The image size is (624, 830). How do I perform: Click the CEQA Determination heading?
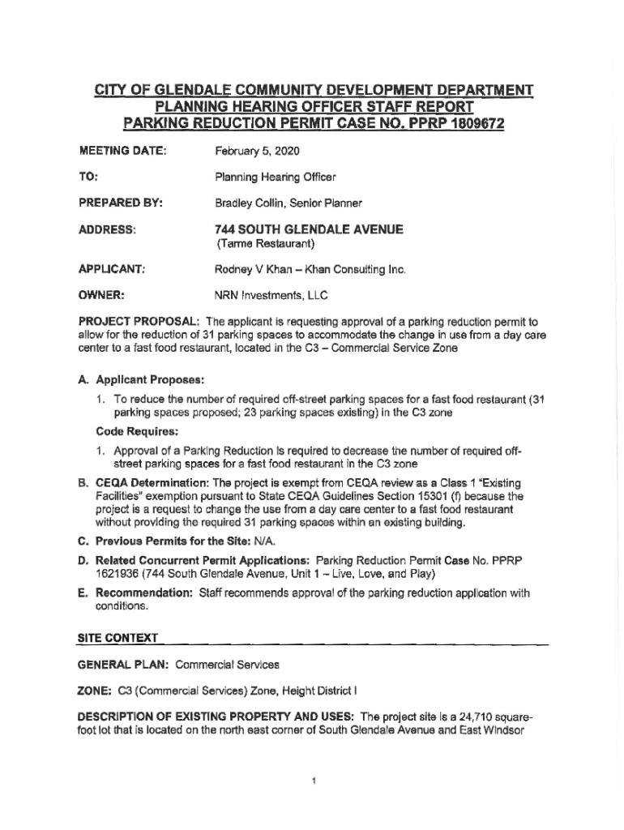pyautogui.click(x=152, y=484)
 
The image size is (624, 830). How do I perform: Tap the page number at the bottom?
pyautogui.click(x=313, y=781)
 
